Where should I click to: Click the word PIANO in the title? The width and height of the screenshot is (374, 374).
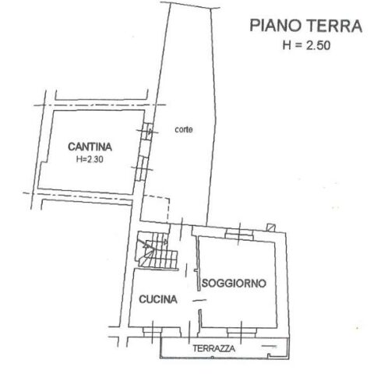[x=276, y=26]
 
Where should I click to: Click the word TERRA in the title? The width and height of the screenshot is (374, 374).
[x=334, y=26]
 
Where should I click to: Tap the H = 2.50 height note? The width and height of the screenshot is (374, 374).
[x=306, y=45]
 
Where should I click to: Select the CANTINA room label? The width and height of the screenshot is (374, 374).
[x=90, y=146]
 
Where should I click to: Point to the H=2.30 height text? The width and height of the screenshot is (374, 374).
[x=90, y=159]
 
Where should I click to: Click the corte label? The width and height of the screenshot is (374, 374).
[x=184, y=129]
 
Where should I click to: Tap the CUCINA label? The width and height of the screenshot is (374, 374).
[x=158, y=299]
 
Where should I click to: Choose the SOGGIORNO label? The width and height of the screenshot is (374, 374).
[x=234, y=283]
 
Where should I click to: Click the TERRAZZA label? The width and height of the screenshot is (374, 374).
[x=213, y=348]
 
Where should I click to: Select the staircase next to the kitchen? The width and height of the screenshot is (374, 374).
[x=157, y=251]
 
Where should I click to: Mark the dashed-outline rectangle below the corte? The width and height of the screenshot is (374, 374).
[x=155, y=208]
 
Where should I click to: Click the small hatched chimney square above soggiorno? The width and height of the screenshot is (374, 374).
[x=271, y=228]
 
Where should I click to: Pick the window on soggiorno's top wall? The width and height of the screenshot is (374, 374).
[x=239, y=233]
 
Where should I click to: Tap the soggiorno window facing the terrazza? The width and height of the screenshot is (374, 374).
[x=242, y=332]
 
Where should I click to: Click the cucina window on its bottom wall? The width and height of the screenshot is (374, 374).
[x=153, y=331]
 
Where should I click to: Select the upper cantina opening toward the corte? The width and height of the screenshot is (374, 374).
[x=147, y=132]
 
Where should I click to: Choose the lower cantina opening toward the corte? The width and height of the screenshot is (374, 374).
[x=142, y=169]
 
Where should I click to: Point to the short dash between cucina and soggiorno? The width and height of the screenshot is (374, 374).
[x=199, y=301]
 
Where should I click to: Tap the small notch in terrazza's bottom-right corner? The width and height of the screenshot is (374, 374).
[x=272, y=355]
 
